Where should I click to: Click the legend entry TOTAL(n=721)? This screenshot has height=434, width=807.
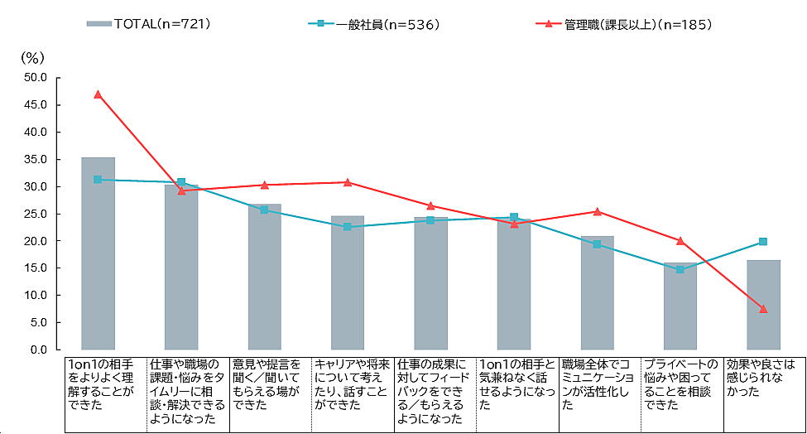click(149, 24)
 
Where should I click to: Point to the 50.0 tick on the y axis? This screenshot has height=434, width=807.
click(36, 78)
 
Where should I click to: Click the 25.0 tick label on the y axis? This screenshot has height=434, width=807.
click(36, 214)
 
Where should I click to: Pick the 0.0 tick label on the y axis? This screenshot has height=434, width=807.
click(39, 350)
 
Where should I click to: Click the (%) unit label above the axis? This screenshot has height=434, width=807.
click(31, 57)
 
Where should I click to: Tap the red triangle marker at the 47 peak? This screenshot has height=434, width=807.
click(98, 94)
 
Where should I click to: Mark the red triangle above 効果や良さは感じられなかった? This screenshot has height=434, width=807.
click(763, 309)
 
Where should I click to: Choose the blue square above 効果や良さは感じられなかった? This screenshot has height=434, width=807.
click(763, 242)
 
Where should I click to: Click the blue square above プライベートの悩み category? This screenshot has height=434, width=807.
click(680, 269)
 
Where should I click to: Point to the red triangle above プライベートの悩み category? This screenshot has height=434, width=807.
click(680, 241)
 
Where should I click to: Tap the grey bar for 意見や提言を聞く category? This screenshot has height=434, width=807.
click(264, 277)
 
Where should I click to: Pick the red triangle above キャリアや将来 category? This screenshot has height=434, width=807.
click(348, 182)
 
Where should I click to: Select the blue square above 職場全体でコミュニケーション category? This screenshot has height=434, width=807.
click(597, 244)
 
